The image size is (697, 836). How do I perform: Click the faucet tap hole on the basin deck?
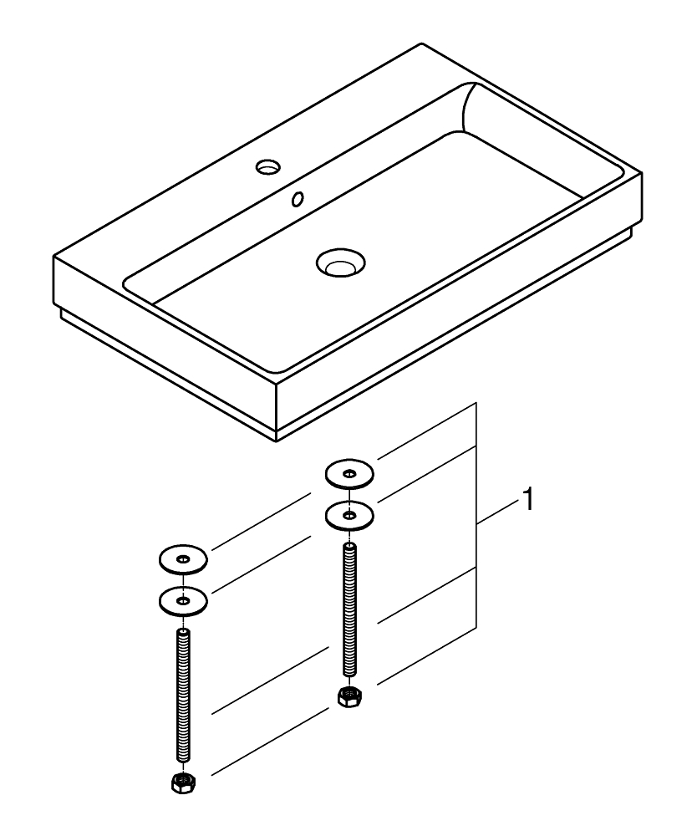coord(268,167)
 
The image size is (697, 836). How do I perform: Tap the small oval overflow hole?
coord(298,199)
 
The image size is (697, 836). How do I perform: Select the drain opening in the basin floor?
coord(340,263)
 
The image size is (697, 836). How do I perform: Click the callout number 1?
coord(527,500)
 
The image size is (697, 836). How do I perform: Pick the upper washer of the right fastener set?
coord(349,473)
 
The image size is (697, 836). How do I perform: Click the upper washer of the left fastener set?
coord(183,559)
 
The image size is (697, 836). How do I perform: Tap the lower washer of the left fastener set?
coord(183,601)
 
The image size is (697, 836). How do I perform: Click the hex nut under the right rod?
coord(349,696)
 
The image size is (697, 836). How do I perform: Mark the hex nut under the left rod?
coord(183,782)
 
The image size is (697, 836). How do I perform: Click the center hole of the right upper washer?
coord(349,473)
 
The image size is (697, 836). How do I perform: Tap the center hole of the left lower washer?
coord(183,601)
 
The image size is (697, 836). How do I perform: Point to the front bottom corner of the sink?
coord(276,441)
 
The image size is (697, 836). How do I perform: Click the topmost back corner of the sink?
coord(421,43)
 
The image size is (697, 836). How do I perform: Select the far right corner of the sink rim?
coord(642,173)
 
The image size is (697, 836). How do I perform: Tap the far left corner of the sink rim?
coord(53,257)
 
